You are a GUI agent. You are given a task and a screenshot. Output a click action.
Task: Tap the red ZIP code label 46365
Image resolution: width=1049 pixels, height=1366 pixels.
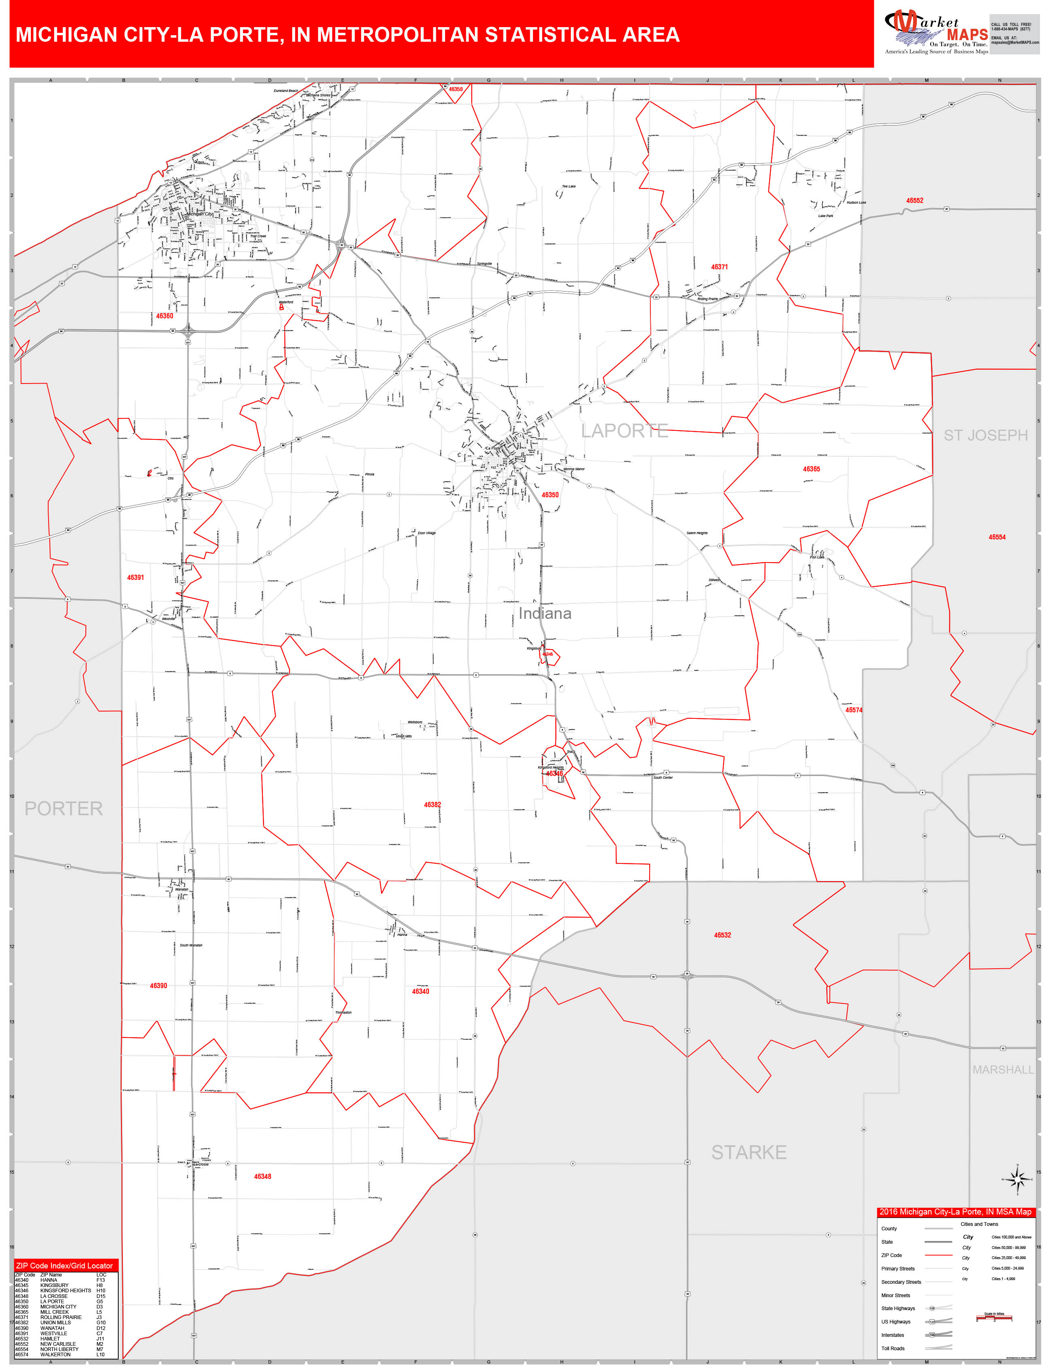811,469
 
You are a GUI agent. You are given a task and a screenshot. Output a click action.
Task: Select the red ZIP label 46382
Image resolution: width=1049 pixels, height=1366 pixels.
432,805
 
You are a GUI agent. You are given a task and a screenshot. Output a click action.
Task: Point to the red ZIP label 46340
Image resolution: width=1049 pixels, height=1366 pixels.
420,991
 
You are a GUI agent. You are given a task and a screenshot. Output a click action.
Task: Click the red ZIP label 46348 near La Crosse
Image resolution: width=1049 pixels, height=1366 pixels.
262,1176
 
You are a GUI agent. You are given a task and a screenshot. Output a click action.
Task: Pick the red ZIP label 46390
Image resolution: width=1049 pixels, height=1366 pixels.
158,986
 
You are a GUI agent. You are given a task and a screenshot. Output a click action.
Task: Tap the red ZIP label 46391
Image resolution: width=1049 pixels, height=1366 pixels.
136,578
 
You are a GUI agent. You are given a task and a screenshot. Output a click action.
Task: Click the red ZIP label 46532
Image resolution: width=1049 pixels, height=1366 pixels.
723,935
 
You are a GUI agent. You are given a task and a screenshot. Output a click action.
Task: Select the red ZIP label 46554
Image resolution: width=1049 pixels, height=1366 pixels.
996,537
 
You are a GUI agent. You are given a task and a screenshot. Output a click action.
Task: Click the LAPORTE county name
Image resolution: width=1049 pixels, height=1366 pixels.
625,431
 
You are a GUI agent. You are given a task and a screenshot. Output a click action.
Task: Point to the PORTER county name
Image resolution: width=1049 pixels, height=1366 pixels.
63,808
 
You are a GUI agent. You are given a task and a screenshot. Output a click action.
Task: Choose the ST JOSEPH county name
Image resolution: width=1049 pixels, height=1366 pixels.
985,435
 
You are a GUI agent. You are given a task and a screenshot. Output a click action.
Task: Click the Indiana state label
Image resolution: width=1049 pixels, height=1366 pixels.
544,613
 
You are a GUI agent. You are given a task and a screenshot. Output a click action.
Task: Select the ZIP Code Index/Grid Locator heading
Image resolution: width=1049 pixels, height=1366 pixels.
64,1266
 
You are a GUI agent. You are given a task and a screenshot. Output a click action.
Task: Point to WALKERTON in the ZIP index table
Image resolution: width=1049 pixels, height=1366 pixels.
55,1354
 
